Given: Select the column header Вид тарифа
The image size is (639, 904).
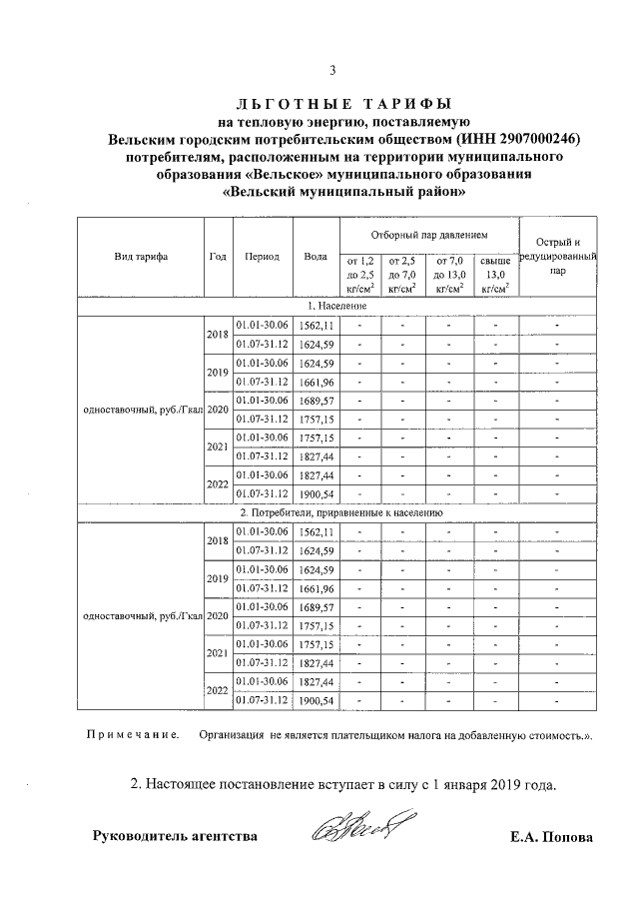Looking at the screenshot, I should (x=141, y=256).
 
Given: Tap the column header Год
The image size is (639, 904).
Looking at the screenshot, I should (x=218, y=256).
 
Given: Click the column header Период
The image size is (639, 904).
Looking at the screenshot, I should (x=262, y=256).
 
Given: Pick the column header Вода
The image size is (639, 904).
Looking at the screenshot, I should (x=316, y=256).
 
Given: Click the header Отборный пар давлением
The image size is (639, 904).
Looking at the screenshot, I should (x=428, y=235).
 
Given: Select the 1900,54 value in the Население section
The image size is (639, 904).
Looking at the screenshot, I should (x=316, y=493).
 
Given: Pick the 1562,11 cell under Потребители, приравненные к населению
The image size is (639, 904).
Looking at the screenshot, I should (x=316, y=531).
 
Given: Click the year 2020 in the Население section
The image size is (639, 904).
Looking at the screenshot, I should (x=218, y=410).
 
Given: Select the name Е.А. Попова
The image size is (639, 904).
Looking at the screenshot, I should (x=550, y=837).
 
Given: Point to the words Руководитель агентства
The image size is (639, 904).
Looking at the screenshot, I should (x=175, y=836).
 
